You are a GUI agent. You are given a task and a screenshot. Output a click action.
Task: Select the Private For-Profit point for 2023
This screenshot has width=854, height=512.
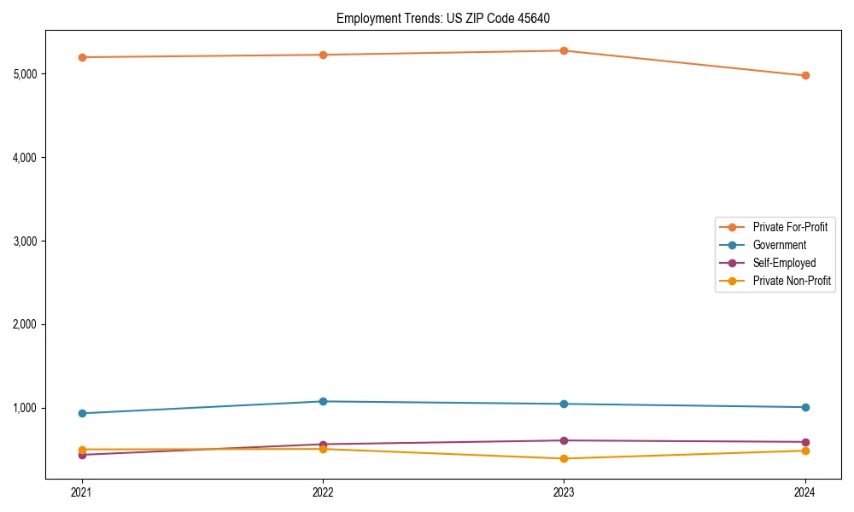(x=564, y=50)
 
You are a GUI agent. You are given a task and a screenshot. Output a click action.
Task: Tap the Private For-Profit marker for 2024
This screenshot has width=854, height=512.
(x=804, y=75)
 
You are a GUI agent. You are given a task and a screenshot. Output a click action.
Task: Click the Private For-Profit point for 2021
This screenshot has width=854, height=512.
(x=82, y=57)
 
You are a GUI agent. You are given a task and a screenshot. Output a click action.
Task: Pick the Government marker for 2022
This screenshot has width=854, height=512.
(x=323, y=401)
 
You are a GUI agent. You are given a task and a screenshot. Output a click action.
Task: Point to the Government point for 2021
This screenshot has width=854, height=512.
(x=82, y=413)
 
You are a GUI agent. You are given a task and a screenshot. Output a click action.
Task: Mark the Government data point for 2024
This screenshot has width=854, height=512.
(x=804, y=407)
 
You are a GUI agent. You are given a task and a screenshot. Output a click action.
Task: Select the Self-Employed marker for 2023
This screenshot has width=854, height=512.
(x=564, y=440)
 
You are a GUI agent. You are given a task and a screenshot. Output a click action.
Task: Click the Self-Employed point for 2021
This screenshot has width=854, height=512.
(x=82, y=455)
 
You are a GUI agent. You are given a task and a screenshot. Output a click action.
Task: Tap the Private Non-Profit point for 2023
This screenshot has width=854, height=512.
(x=564, y=458)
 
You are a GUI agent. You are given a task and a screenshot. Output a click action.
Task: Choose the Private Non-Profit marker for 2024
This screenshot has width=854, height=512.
(x=804, y=451)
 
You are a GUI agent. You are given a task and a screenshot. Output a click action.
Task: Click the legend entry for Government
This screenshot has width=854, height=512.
(x=779, y=245)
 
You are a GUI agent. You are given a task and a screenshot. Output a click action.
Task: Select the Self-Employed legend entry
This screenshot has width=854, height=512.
(x=784, y=263)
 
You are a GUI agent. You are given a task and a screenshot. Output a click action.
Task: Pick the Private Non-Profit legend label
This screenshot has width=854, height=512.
(x=792, y=281)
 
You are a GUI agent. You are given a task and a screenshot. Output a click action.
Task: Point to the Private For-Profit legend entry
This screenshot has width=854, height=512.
(x=790, y=227)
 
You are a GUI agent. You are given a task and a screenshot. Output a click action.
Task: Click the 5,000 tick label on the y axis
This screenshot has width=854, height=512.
(x=26, y=74)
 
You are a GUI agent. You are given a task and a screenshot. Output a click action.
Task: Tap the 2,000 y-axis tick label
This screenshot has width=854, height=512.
(x=26, y=324)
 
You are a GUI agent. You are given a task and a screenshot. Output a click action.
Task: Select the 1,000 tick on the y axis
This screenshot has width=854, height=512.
(x=26, y=408)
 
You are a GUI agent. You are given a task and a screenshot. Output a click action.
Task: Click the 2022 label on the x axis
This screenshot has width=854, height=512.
(x=323, y=492)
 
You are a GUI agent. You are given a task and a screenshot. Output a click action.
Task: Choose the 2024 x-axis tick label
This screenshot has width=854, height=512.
(x=804, y=492)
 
